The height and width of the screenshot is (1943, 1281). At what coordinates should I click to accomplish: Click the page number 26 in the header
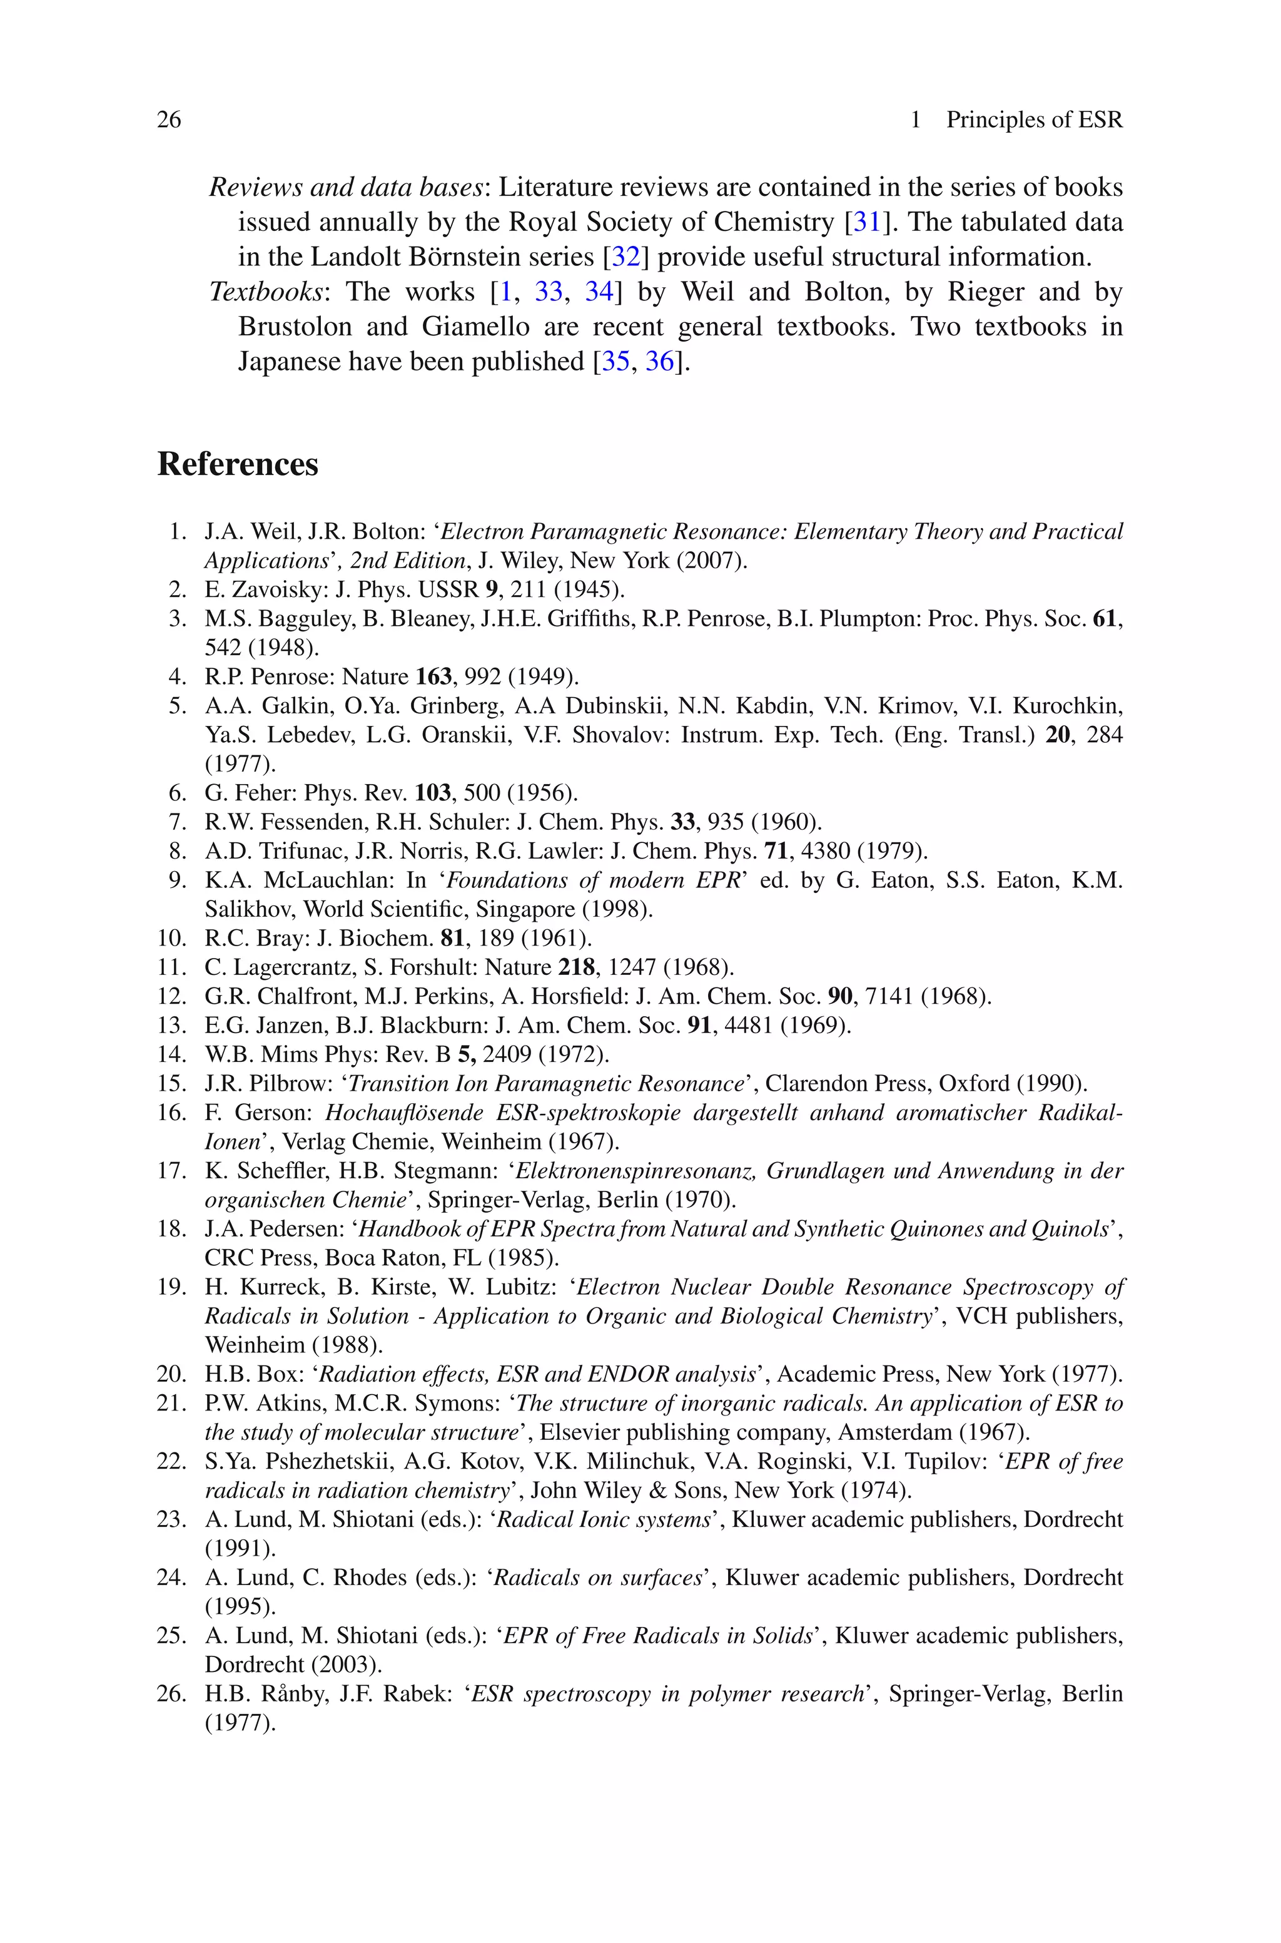(169, 120)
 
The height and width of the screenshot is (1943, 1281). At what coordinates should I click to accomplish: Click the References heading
(238, 464)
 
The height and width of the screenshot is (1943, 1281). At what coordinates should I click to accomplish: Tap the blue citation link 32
(625, 257)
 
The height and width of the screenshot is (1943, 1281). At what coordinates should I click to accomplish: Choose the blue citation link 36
(660, 361)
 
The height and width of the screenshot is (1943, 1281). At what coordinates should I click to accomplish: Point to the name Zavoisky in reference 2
(280, 589)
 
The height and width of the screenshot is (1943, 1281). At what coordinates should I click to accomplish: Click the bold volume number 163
(433, 676)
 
